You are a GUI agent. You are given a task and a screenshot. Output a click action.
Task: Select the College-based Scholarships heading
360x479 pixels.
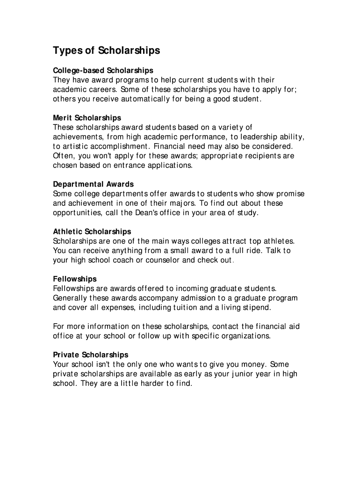pos(103,71)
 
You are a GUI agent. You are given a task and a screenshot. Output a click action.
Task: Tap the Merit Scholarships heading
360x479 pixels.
pos(87,118)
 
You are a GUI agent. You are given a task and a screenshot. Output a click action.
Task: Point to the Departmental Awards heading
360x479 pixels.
pos(93,184)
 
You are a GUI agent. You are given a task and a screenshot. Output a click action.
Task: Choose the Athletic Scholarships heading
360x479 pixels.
pos(92,232)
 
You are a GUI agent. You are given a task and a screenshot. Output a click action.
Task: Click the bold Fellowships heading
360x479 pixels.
pos(75,279)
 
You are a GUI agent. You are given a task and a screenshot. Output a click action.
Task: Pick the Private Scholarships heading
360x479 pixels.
pos(91,355)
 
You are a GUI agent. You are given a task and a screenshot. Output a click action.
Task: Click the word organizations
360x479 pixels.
pos(245,336)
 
